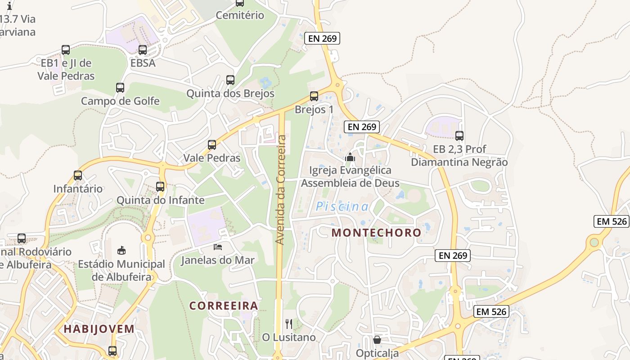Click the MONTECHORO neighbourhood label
click(x=376, y=233)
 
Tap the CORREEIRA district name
click(x=224, y=306)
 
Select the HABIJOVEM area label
click(x=99, y=328)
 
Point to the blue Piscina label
click(x=342, y=207)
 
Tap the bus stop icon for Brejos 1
click(x=314, y=96)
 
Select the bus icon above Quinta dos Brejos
click(x=230, y=80)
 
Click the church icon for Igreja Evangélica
click(x=350, y=157)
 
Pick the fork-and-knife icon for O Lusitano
click(x=289, y=324)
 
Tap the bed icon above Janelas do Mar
click(x=218, y=247)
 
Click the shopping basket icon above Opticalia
click(x=377, y=340)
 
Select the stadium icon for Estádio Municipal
click(x=121, y=250)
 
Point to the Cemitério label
click(x=240, y=15)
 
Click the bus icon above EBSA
click(x=143, y=50)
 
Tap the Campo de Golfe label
click(x=120, y=101)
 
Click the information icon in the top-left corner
click(x=9, y=6)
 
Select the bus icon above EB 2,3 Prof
click(x=459, y=135)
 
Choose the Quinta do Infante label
click(x=161, y=200)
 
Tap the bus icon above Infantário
click(x=78, y=175)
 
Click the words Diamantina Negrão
click(x=459, y=162)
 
